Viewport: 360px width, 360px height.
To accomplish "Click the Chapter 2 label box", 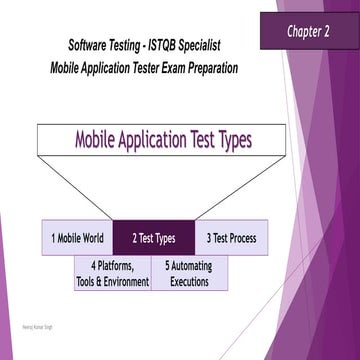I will [309, 31].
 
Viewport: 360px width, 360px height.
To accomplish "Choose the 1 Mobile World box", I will [78, 238].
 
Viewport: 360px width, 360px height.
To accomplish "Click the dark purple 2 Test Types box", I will [153, 238].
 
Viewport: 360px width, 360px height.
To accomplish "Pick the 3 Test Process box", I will [231, 238].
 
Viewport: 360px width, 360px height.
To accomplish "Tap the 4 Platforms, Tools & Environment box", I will [112, 273].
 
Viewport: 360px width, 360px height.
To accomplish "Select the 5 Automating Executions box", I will [189, 273].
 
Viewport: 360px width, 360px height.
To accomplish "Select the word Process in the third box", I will [242, 238].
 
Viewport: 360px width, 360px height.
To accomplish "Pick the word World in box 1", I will [93, 238].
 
